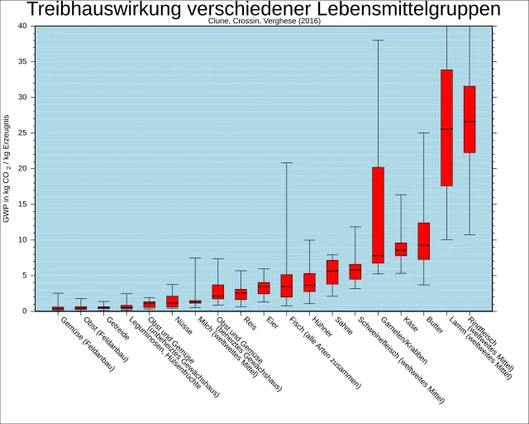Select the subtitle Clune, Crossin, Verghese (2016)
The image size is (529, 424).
264,22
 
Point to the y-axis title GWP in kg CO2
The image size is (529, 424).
7,168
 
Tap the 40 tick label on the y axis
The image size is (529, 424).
21,26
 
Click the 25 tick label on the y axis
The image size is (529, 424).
21,132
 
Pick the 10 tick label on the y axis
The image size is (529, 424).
21,239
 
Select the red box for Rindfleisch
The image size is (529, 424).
469,119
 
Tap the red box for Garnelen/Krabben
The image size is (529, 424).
378,215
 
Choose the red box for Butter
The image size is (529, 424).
423,241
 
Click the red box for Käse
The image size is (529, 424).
401,248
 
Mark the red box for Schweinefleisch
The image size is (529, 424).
355,272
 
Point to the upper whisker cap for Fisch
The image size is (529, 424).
287,162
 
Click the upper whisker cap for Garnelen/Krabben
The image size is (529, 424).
378,40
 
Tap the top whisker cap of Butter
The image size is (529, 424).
423,132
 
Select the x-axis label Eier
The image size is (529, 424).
273,322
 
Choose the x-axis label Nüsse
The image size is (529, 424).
183,326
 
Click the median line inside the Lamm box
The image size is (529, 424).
446,128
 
